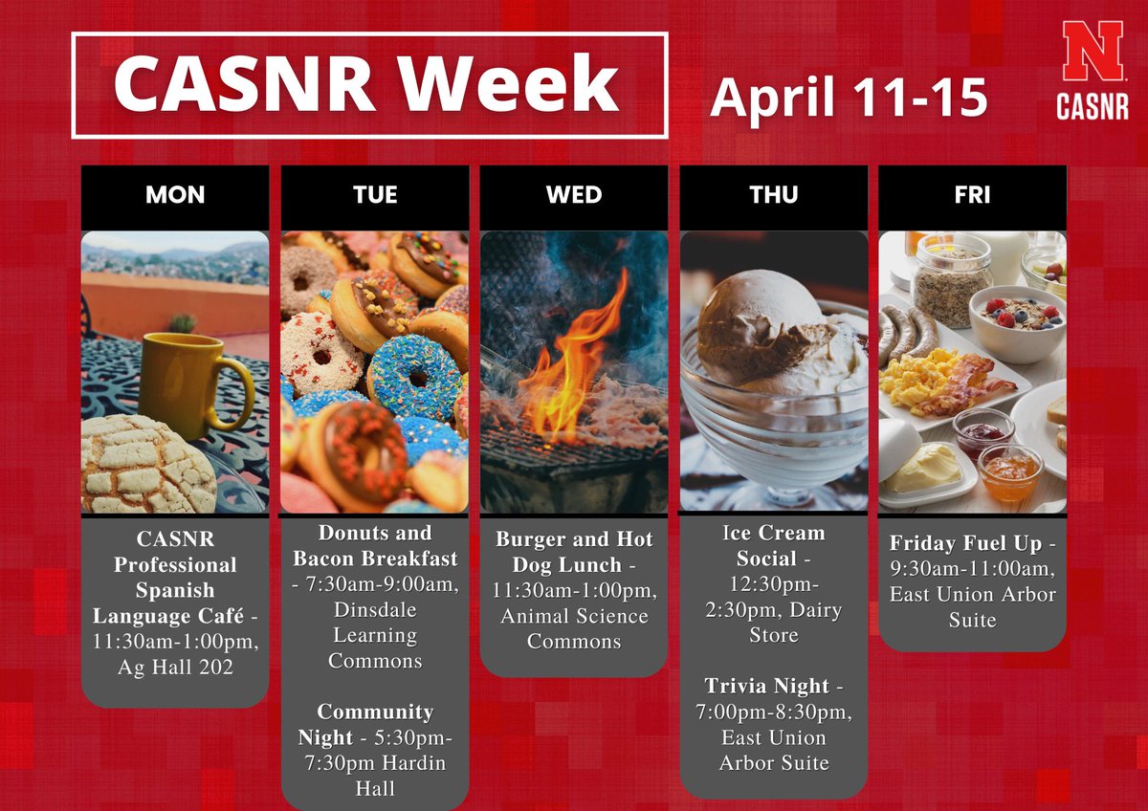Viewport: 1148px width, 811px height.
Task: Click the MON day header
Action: pos(175,196)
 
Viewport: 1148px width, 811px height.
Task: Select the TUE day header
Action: pos(375,196)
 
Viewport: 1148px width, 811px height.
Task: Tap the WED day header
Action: pos(574,196)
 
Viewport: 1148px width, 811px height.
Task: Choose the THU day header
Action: pos(773,196)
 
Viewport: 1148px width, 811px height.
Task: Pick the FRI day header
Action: pos(972,196)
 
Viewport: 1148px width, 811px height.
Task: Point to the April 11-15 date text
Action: pos(849,98)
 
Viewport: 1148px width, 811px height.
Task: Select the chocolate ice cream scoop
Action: pos(756,325)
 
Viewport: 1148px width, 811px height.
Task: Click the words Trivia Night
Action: pos(766,686)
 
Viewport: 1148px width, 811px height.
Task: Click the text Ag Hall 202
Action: pos(175,668)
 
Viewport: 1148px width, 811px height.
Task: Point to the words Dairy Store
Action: pos(773,623)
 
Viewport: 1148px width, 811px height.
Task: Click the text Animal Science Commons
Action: pos(574,628)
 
